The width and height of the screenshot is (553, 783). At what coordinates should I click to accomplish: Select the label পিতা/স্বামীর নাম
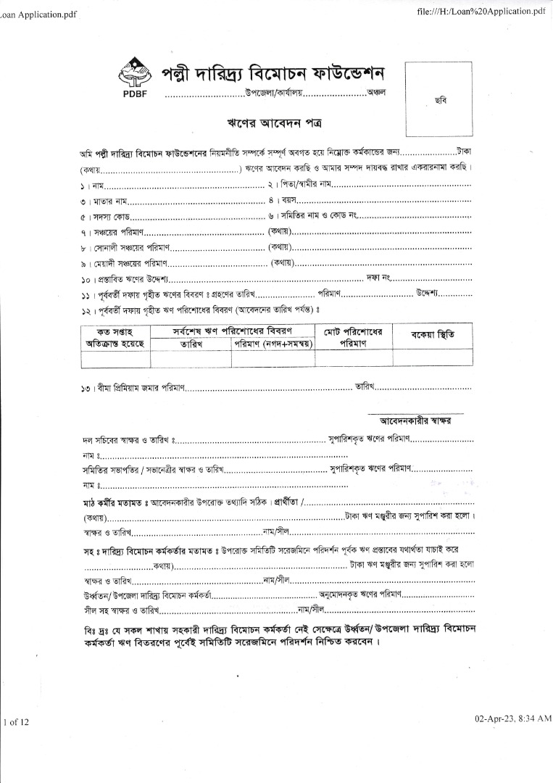(299, 186)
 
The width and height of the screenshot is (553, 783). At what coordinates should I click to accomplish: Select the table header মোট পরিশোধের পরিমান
(353, 336)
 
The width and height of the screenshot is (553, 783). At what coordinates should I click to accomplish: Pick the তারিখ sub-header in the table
(191, 344)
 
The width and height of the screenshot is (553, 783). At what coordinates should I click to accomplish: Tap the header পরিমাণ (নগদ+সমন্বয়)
(273, 344)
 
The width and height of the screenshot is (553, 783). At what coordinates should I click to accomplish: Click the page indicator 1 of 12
(15, 722)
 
